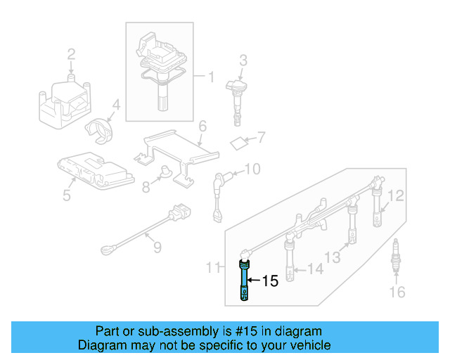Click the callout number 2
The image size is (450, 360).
pos(71,54)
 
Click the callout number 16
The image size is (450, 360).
pos(397,292)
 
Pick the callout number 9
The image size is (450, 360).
pos(157,247)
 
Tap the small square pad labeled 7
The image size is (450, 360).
pos(239,143)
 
